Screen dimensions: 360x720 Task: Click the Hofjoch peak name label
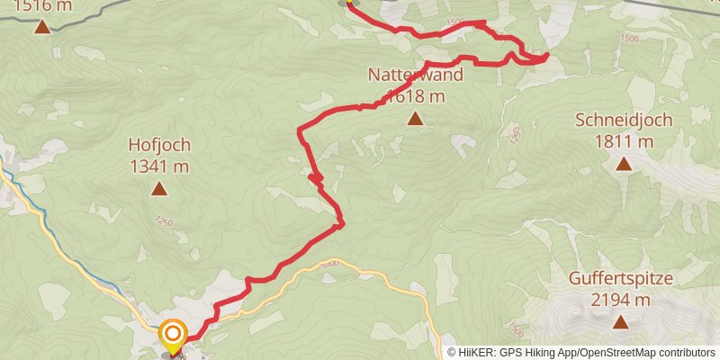[x=159, y=144]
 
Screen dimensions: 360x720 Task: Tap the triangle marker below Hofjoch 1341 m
[x=159, y=188]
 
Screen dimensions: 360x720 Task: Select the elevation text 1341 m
[x=159, y=166]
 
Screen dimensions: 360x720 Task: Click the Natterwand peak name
[x=415, y=75]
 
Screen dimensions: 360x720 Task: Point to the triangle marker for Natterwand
[x=415, y=118]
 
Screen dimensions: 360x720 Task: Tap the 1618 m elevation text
[x=415, y=95]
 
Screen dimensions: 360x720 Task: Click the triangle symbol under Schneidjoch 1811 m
[x=623, y=163]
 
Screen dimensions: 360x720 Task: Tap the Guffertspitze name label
[x=620, y=279]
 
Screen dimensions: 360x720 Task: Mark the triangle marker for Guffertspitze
[x=620, y=322]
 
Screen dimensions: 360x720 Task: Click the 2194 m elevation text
[x=620, y=300]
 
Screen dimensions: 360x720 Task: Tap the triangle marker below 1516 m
[x=42, y=26]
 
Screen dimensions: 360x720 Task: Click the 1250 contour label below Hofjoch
[x=163, y=221]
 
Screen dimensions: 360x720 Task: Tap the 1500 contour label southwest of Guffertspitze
[x=514, y=328]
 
